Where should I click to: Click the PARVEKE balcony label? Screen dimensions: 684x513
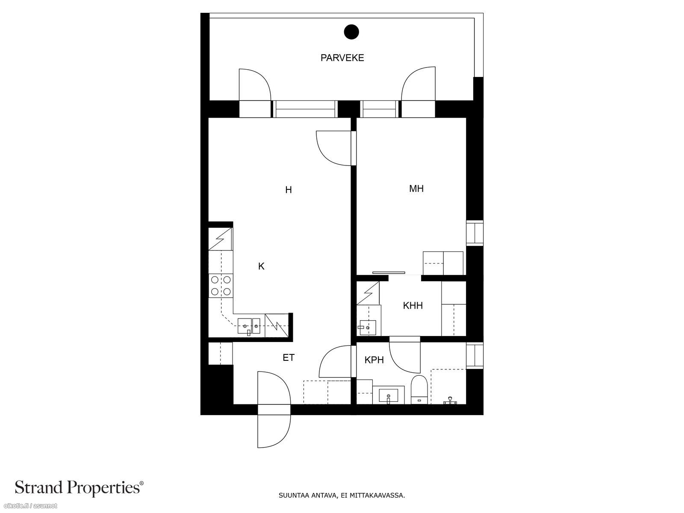point(342,58)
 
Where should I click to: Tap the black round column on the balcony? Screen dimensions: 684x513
point(351,32)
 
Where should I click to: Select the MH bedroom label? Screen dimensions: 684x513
point(416,189)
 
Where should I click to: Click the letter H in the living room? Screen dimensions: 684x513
point(289,190)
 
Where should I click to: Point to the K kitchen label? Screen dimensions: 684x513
point(261,266)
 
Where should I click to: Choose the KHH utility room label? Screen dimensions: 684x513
point(413,306)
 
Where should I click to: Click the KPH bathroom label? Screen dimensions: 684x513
point(374,360)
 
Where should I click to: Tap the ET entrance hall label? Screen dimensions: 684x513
point(289,357)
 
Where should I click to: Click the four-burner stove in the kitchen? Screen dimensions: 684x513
point(221,286)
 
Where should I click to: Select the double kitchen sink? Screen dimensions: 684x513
point(249,326)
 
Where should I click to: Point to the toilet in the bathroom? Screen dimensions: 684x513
point(419,389)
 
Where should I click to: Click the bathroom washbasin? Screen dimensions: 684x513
point(388,395)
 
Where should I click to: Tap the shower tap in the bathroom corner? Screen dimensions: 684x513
point(450,401)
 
